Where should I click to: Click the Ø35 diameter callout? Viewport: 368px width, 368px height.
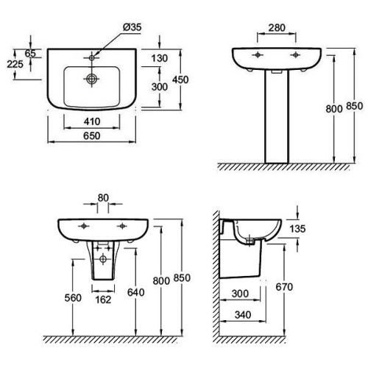point(132,27)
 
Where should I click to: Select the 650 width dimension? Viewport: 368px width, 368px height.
point(92,135)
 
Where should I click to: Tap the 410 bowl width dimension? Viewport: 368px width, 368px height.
point(92,121)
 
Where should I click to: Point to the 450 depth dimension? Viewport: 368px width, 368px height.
point(180,79)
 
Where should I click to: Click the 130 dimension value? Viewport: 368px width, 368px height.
point(160,58)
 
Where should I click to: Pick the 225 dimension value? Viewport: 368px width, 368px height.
point(15,64)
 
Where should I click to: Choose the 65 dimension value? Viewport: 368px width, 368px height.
point(30,53)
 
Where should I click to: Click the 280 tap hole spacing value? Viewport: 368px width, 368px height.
point(277,28)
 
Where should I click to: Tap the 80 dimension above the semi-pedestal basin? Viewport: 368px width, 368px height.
point(103,198)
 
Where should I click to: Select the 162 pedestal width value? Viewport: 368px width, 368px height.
point(103,300)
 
